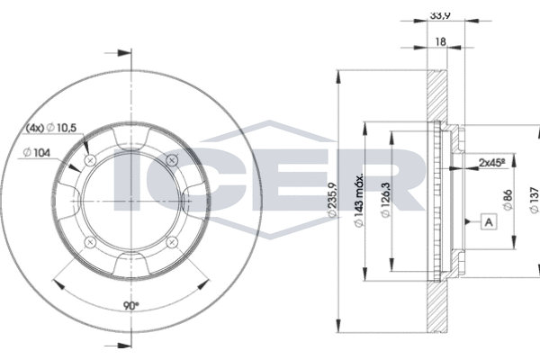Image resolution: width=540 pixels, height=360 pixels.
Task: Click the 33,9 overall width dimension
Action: pyautogui.click(x=440, y=15)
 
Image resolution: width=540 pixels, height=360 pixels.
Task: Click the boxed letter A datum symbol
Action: pyautogui.click(x=488, y=221)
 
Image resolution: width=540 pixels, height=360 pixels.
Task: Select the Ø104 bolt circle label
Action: pyautogui.click(x=37, y=153)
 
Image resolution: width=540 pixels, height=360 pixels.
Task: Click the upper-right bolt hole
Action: pyautogui.click(x=174, y=159)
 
